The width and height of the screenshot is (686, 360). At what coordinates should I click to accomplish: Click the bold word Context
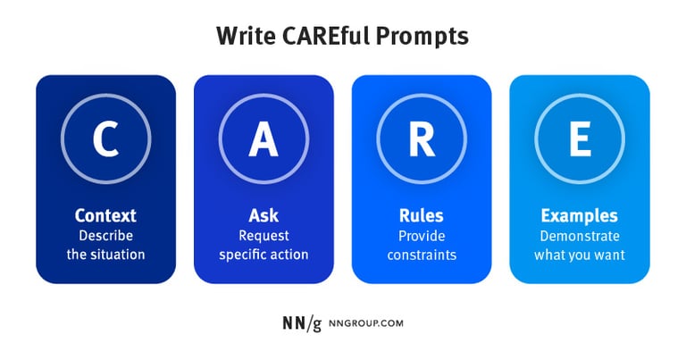click(105, 216)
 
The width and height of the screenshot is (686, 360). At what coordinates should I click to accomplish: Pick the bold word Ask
click(264, 216)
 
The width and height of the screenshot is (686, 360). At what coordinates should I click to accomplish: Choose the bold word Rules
click(422, 216)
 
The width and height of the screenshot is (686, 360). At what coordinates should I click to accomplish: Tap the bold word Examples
click(579, 216)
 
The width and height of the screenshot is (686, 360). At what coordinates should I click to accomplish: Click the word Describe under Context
click(105, 236)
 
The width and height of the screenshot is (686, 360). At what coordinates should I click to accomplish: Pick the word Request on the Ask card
click(264, 236)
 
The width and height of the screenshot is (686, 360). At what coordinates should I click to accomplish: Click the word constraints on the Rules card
click(422, 255)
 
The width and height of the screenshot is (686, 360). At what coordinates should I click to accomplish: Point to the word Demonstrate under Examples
click(579, 236)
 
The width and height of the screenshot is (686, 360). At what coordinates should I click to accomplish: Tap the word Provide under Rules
click(422, 236)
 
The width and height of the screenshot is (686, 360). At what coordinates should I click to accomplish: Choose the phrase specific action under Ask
click(264, 255)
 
